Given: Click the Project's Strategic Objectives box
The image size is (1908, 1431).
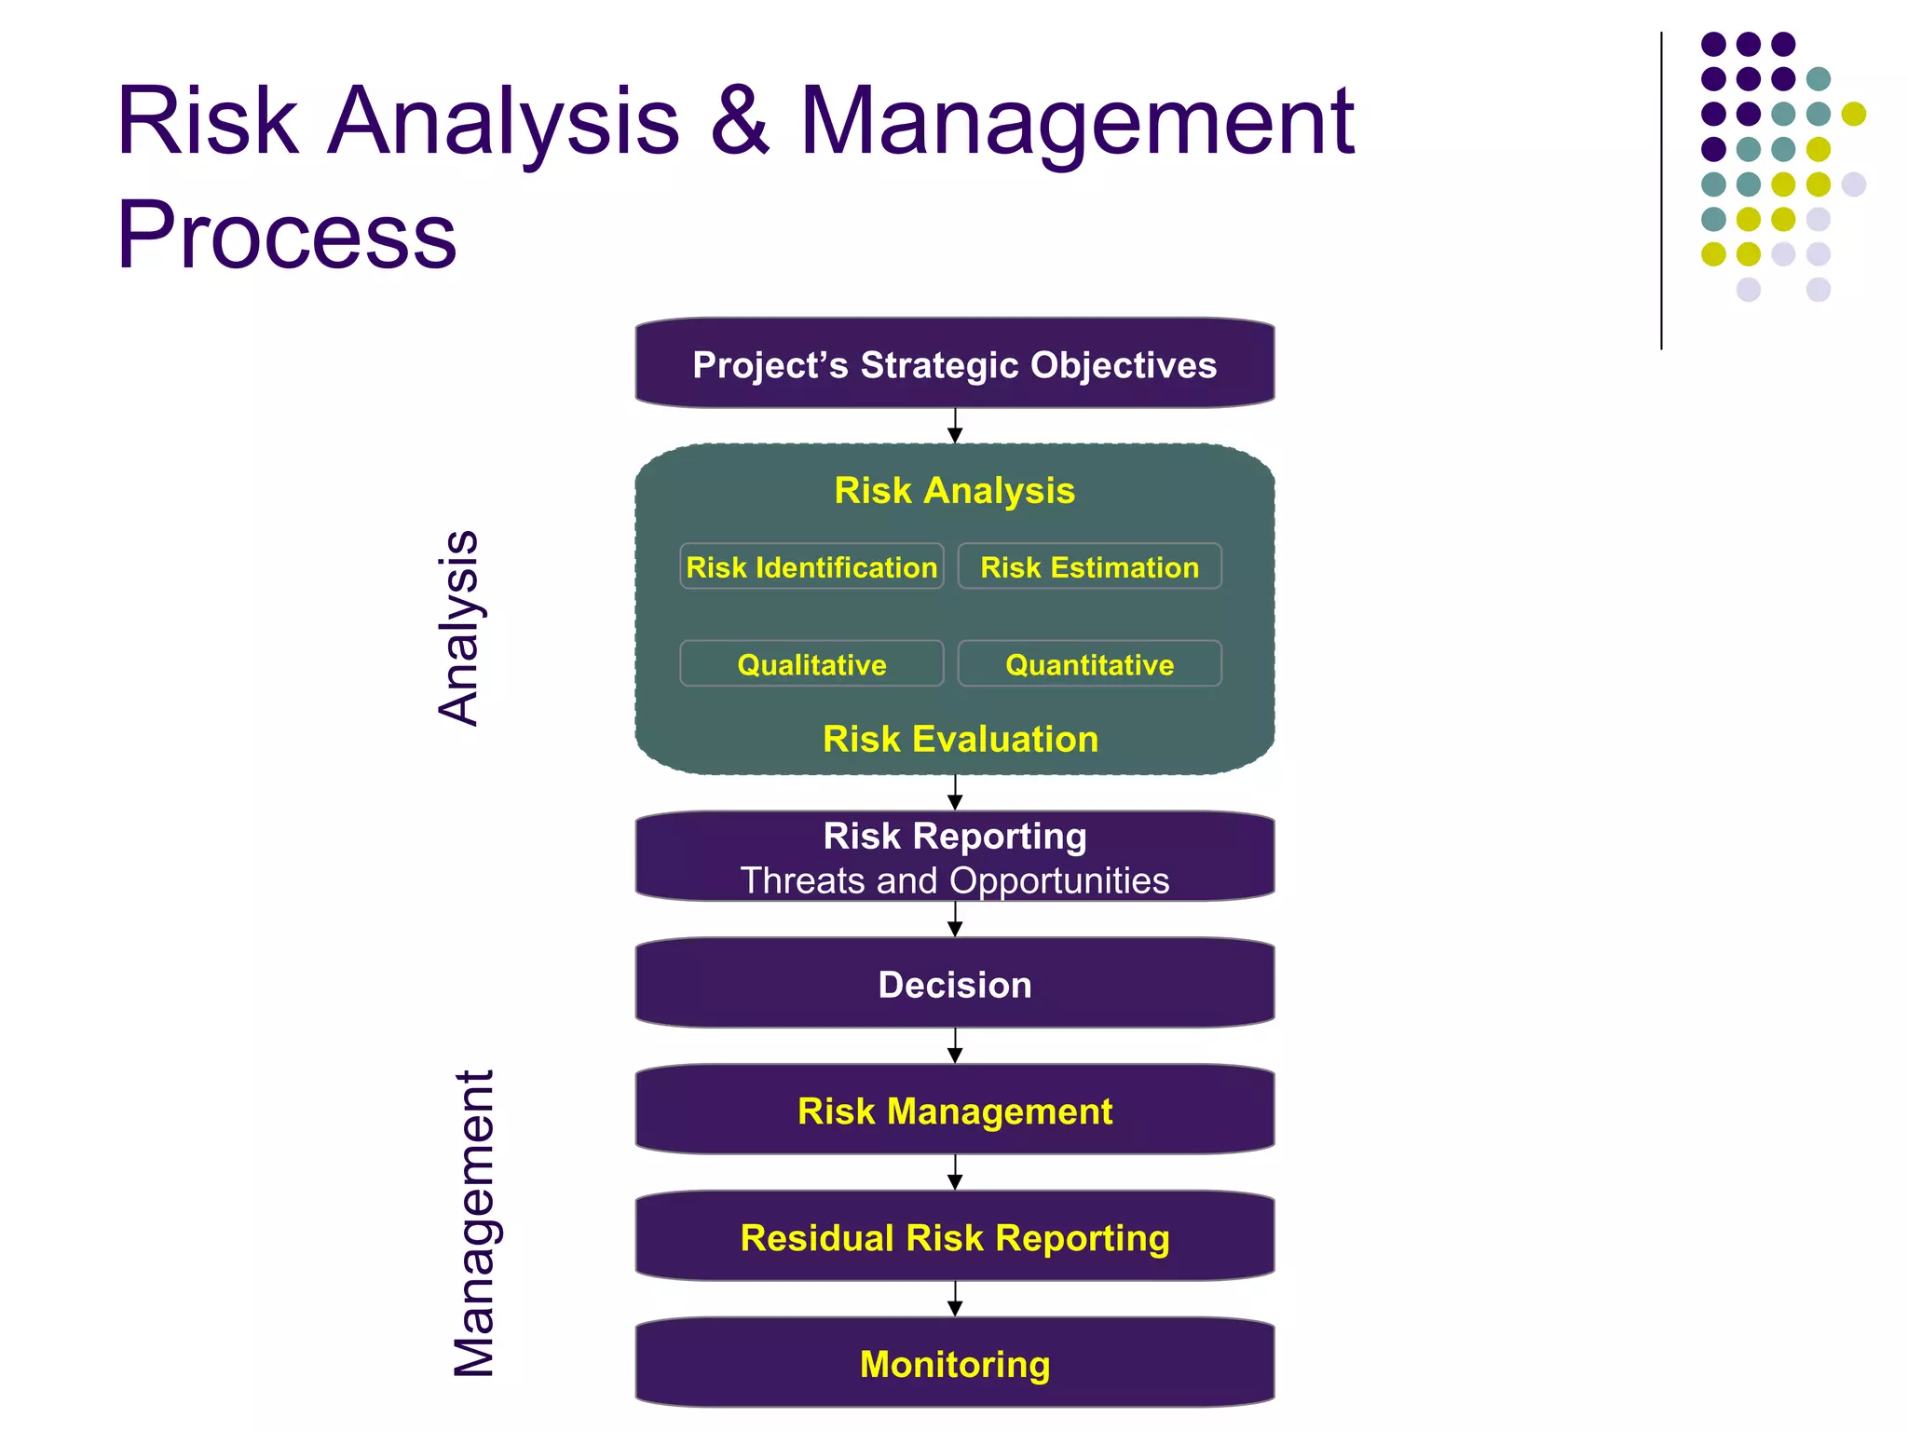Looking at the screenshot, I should coord(954,364).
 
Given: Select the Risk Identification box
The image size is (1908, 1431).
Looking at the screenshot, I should coord(811,566).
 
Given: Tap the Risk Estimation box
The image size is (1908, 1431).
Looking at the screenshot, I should coord(1089,566).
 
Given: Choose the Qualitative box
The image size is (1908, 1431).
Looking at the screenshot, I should coord(811,663).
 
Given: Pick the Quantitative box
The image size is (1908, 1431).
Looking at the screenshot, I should coord(1089,663).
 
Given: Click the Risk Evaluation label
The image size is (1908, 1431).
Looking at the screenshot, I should coord(960,739).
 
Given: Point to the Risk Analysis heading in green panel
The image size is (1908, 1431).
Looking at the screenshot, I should coord(954,490).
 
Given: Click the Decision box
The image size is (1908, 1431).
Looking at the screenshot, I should coord(954,984).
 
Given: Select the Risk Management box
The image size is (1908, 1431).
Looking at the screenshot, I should coord(954,1110).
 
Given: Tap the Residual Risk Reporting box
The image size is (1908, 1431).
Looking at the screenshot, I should coord(954,1236).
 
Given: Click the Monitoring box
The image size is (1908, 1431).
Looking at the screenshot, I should coord(954,1363).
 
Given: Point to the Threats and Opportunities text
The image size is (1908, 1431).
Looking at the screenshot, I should coord(954,880).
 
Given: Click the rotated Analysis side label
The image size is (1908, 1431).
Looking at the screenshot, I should coord(458,627).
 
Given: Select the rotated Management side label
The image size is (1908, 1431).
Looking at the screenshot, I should coord(473,1222).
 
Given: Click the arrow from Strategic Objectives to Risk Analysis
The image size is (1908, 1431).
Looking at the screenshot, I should coord(955,427).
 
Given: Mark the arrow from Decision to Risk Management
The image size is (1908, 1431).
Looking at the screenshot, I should coord(955,1046).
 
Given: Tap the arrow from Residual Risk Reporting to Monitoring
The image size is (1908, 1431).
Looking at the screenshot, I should coord(955,1299).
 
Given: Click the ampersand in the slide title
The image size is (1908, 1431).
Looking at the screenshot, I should coord(740,121).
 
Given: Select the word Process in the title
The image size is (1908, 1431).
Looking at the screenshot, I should coord(287,235).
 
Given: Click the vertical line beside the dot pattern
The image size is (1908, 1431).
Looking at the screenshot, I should coord(1661,191).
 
